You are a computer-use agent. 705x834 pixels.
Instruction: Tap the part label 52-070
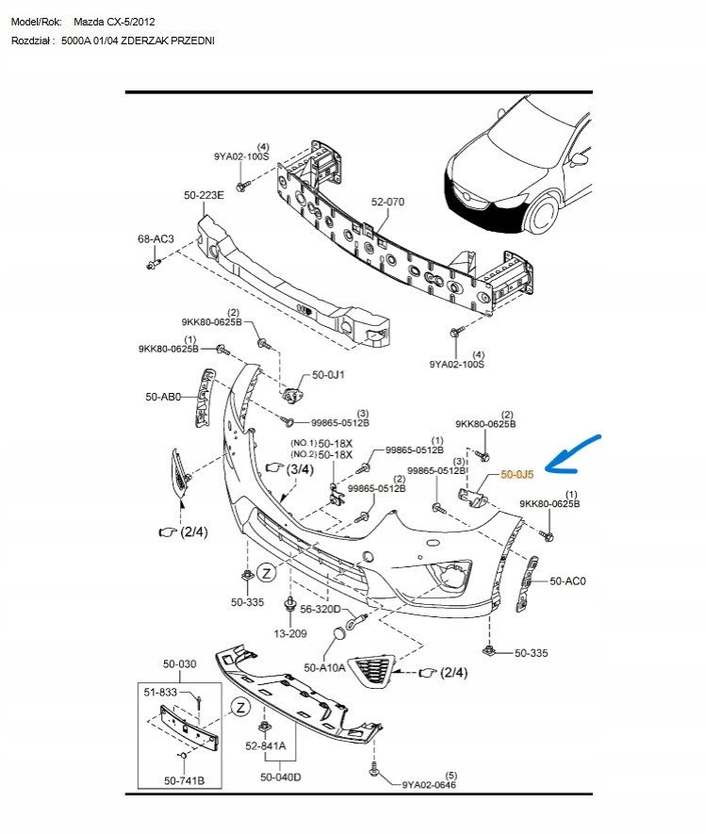tap(386, 202)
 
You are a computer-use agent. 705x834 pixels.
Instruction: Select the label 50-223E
tap(204, 195)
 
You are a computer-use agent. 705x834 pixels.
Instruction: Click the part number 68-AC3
tap(156, 239)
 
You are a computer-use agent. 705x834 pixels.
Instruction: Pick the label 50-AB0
tap(163, 399)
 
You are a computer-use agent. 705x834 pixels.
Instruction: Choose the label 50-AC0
tap(567, 581)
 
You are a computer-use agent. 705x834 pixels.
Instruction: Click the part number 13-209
tap(290, 633)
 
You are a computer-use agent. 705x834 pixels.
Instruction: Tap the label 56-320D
tap(320, 610)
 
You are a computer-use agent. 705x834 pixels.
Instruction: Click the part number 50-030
tap(179, 664)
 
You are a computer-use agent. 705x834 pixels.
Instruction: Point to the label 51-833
tap(160, 693)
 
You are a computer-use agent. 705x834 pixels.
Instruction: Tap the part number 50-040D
tap(281, 777)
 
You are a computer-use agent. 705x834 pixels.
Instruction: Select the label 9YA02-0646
tap(430, 784)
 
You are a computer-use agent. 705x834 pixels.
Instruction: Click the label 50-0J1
tap(329, 374)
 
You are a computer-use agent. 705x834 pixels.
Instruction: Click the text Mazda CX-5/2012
tap(115, 20)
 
